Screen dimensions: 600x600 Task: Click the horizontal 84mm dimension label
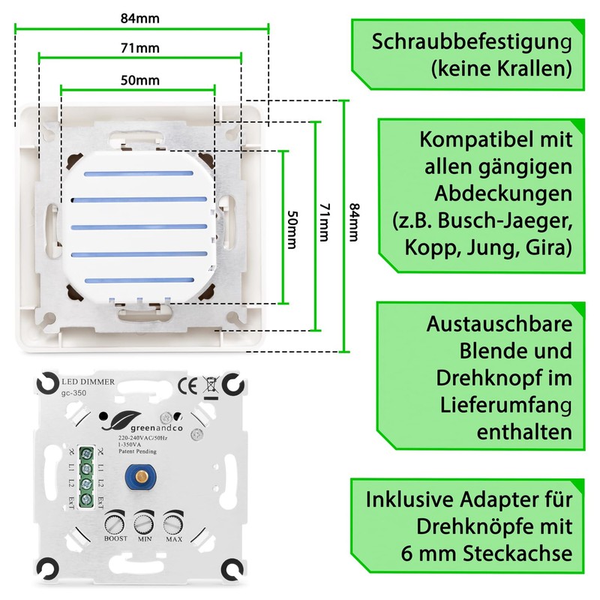(x=141, y=16)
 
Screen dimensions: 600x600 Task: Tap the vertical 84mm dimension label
(x=352, y=225)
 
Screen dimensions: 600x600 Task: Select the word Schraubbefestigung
(x=465, y=42)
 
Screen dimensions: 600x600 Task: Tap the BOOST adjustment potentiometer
(x=115, y=521)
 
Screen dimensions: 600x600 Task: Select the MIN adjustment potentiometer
(x=144, y=521)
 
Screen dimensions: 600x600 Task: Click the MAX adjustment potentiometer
(x=173, y=521)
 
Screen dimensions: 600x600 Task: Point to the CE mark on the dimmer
(x=188, y=386)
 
